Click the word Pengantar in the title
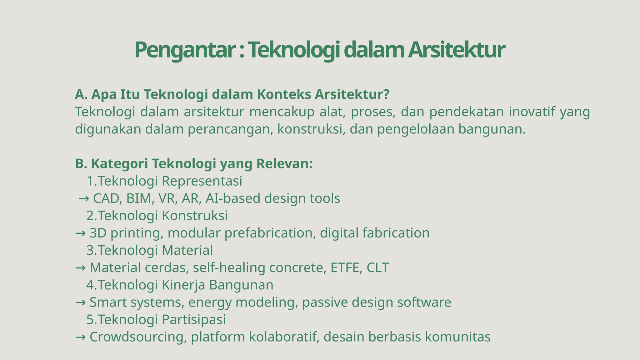185,50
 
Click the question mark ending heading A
387,94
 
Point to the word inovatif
532,112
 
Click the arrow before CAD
84,199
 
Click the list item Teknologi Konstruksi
162,216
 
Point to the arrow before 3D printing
80,233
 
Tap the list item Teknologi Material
155,250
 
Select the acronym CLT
377,268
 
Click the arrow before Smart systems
80,302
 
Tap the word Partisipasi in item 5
193,320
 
